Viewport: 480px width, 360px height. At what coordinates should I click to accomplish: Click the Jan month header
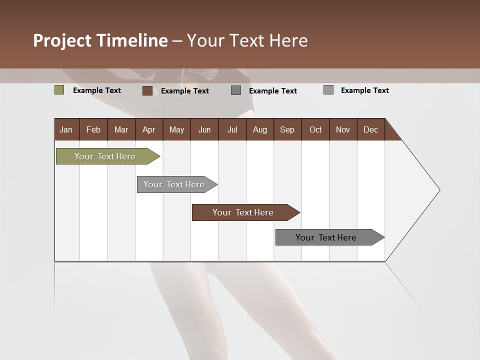[66, 129]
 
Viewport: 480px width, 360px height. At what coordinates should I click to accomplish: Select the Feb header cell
[93, 129]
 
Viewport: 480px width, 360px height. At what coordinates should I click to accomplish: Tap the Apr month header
[149, 129]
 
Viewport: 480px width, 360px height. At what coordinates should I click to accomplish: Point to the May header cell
[176, 129]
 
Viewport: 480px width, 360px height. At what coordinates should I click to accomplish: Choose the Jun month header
[204, 129]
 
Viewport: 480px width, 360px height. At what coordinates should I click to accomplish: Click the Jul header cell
[232, 129]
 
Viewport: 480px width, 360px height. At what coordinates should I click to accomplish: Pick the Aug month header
[260, 129]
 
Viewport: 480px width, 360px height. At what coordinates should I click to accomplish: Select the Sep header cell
[287, 129]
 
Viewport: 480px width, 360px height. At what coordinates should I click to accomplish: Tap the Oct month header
[315, 129]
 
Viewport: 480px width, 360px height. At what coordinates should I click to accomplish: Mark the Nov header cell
[343, 129]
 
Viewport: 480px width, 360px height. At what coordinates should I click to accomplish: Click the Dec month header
[371, 129]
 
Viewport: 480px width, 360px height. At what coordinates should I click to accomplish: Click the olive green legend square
[59, 90]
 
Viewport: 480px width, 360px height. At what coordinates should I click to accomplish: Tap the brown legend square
[147, 90]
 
